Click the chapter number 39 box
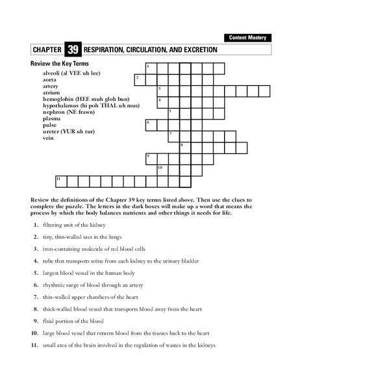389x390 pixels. pos(72,49)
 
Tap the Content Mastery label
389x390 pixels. pos(247,38)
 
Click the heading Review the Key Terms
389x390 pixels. pos(59,64)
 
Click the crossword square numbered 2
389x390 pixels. pos(139,79)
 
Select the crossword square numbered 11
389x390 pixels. pos(60,181)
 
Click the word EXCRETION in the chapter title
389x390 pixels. pos(195,49)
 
